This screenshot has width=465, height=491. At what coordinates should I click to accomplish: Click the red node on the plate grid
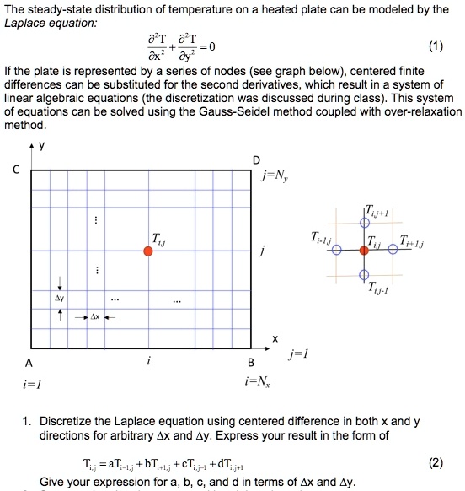click(x=147, y=251)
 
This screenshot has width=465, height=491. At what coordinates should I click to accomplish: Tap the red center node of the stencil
click(x=364, y=250)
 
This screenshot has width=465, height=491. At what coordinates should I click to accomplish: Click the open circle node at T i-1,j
click(x=335, y=251)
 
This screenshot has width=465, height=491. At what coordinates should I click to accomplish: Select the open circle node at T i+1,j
click(x=392, y=250)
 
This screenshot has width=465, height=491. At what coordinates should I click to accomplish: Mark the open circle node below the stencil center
click(x=364, y=276)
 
